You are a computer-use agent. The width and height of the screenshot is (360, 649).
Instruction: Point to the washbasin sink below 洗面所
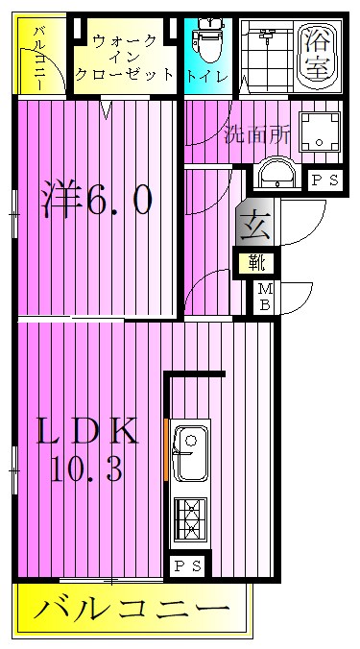tap(279, 176)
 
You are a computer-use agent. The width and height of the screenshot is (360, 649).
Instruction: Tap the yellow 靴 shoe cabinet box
tap(256, 260)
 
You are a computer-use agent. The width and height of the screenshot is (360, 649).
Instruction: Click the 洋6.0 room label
tap(96, 201)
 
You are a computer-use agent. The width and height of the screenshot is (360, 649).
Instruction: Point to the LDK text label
tap(87, 430)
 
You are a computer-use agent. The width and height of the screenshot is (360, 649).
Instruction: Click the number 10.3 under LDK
tap(87, 469)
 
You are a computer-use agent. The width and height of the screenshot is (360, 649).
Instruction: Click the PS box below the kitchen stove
tap(187, 566)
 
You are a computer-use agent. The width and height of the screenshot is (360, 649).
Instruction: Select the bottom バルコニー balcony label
tap(132, 609)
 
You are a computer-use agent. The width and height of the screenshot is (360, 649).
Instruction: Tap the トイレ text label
tap(207, 74)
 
